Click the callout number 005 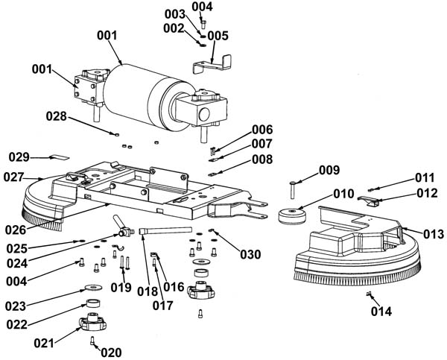point(218,36)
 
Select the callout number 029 point(19,157)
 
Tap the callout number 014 point(381,312)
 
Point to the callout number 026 point(16,230)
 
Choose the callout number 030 point(250,254)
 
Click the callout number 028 point(56,116)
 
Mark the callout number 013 point(434,234)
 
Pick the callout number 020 point(111,353)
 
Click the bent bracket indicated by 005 point(212,65)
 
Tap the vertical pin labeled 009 point(293,190)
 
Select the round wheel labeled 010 point(292,216)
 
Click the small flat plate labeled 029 point(60,157)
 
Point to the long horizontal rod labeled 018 point(165,230)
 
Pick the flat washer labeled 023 point(93,287)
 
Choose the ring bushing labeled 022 point(93,303)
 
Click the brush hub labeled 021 point(92,322)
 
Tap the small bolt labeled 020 point(92,341)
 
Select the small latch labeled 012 point(370,201)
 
